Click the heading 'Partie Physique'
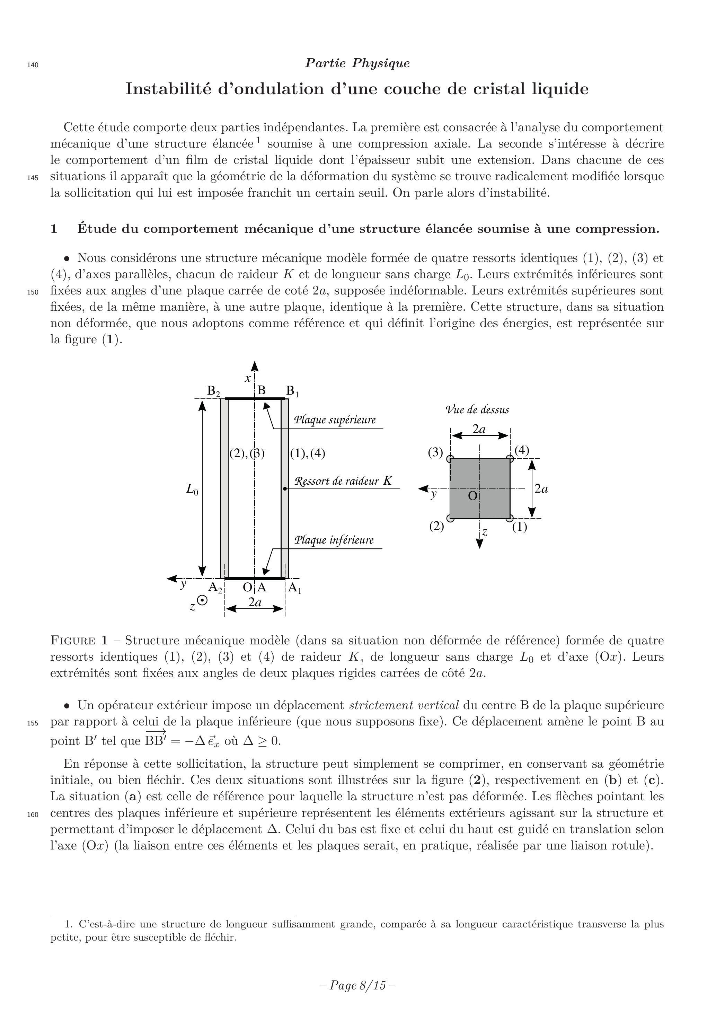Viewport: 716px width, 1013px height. (357, 63)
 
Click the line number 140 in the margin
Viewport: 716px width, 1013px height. (33, 65)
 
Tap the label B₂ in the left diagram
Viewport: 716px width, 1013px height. (214, 391)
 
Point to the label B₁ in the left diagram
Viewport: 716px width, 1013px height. (292, 391)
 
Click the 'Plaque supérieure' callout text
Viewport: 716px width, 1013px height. (335, 420)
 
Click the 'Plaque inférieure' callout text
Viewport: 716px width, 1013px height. (334, 540)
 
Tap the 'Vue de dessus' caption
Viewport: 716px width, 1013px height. (477, 410)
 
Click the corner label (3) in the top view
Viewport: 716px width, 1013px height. (435, 452)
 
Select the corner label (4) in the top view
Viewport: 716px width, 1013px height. (522, 450)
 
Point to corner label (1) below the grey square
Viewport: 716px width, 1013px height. (520, 527)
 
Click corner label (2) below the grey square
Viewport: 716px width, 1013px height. (437, 526)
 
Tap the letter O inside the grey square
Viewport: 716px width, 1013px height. (472, 496)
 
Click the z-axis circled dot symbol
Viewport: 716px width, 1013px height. (203, 600)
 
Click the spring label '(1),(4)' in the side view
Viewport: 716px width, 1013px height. (308, 453)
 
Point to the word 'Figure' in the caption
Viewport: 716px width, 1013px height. (73, 641)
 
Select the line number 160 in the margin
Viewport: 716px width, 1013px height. (33, 815)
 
